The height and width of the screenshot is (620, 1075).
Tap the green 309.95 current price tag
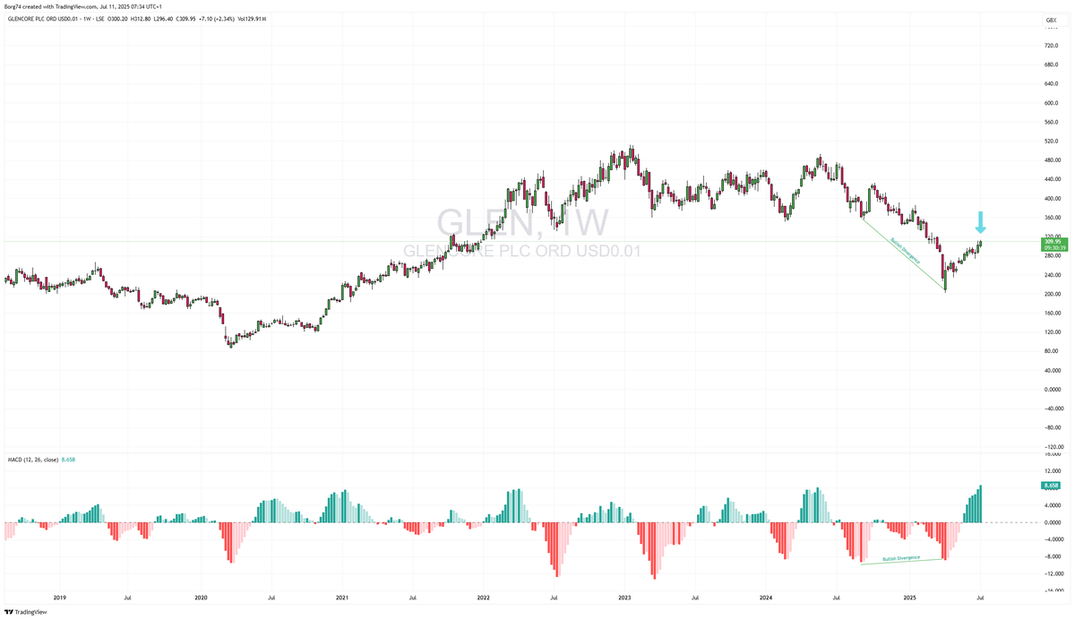(x=1052, y=242)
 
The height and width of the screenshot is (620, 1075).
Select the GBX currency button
(x=1051, y=20)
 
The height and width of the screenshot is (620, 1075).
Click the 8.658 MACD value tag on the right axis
(x=1052, y=486)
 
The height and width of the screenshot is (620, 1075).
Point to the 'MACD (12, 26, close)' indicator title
(x=32, y=460)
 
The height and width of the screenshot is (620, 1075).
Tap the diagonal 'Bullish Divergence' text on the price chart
(x=905, y=254)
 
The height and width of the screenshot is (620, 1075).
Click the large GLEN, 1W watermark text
(x=522, y=223)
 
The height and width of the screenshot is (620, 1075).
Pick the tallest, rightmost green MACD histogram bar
(x=981, y=504)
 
